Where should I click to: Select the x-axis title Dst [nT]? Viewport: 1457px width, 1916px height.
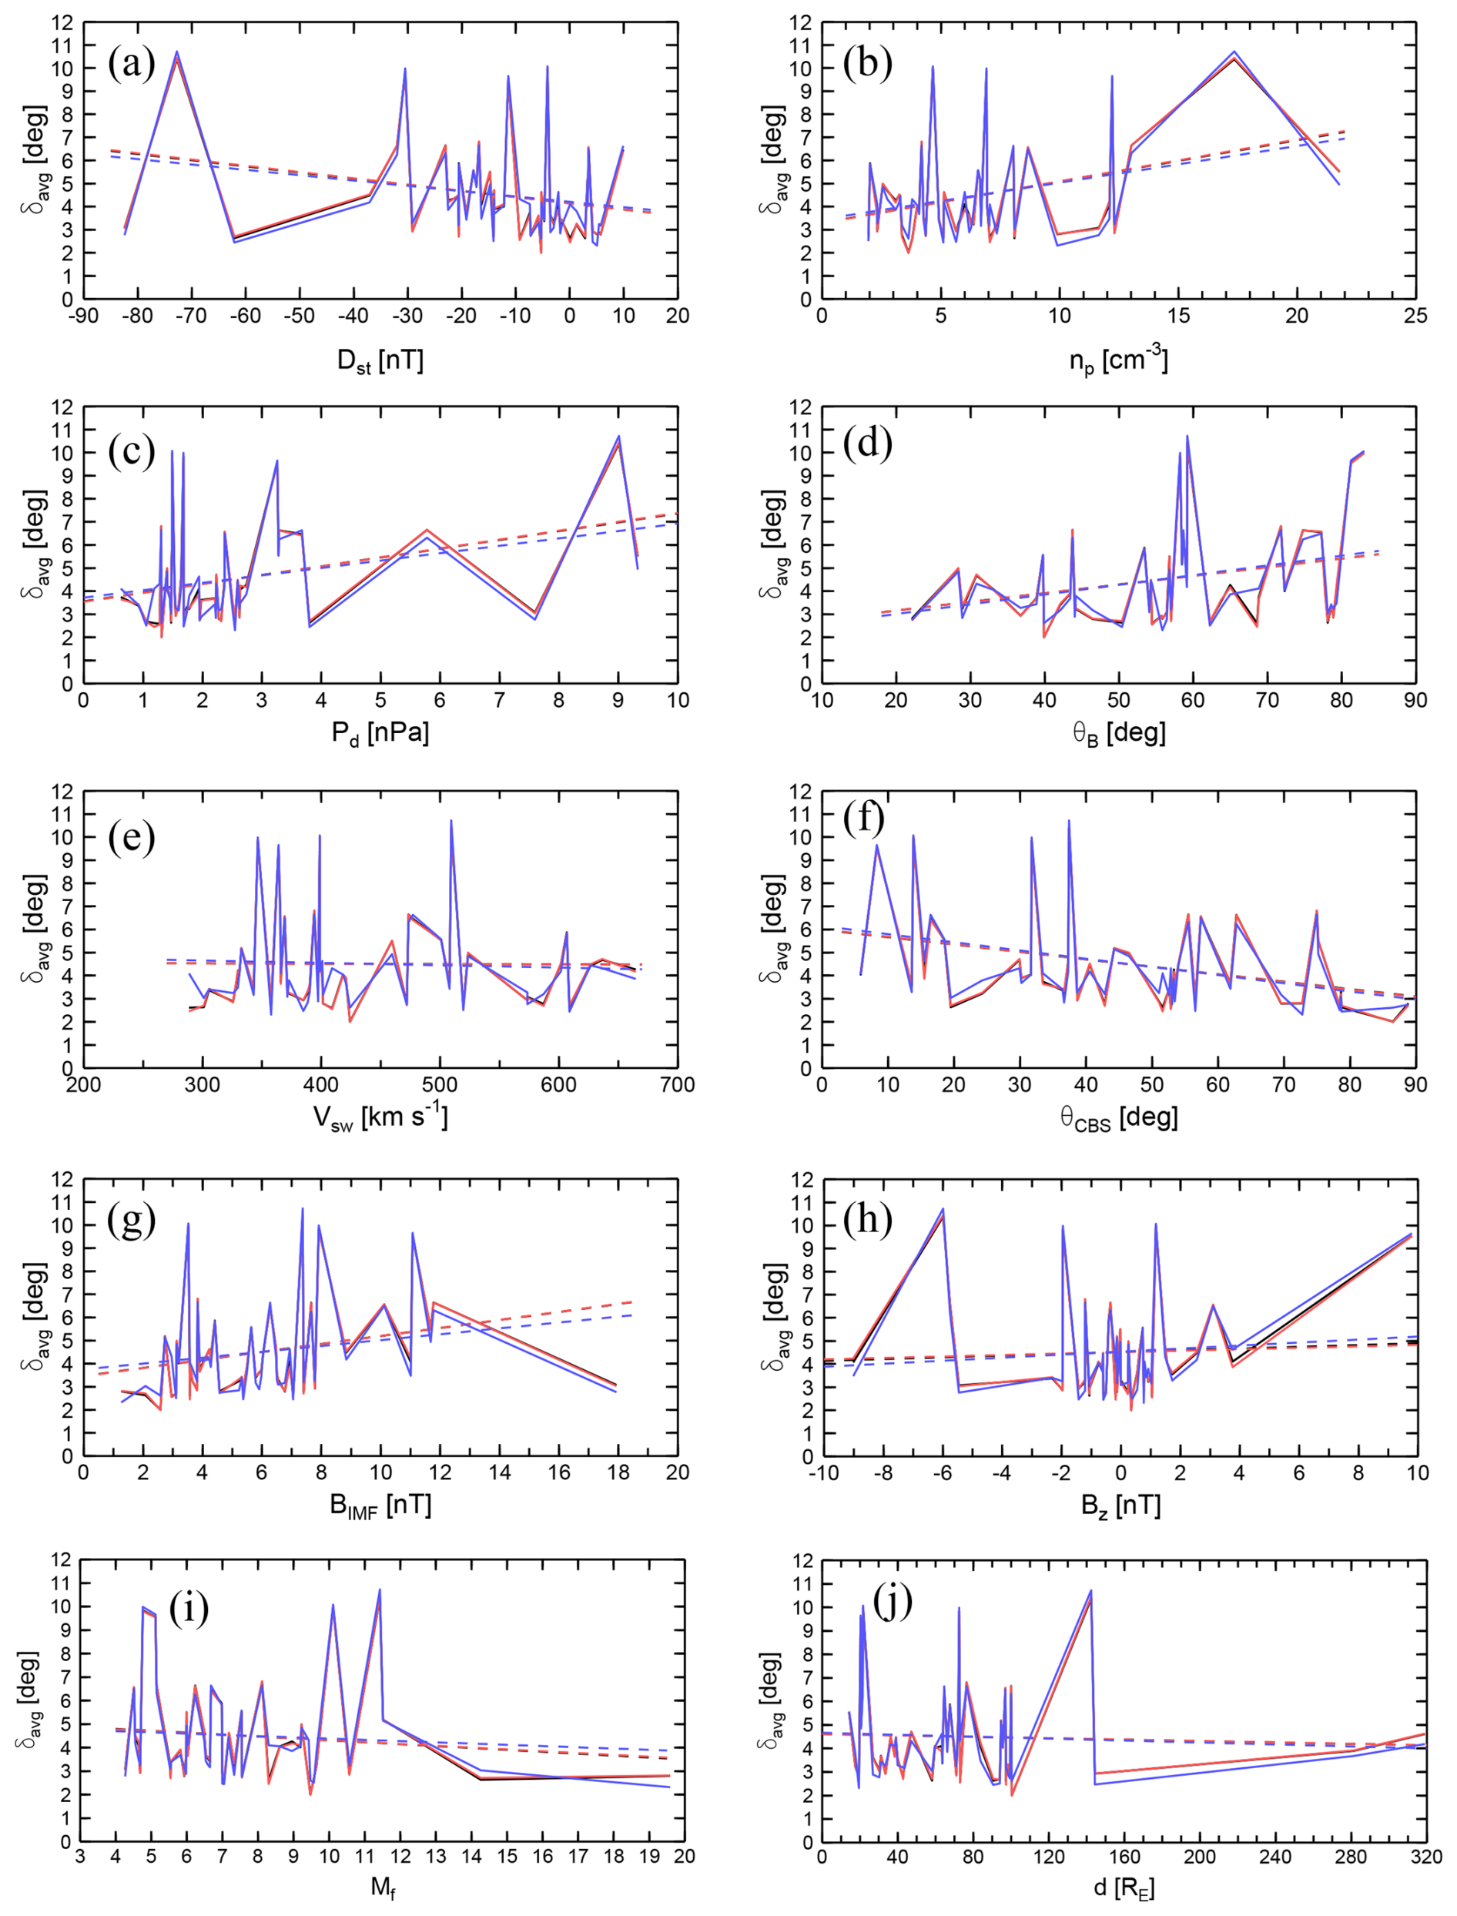[380, 361]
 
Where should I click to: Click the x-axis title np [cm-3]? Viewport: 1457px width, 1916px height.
[1118, 358]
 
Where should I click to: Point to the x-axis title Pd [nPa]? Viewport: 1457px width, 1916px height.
[380, 734]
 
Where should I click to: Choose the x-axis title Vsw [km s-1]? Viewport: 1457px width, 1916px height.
[380, 1117]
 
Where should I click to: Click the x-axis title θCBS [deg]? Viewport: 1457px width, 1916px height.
[1118, 1118]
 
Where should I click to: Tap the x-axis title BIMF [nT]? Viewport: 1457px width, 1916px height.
[380, 1505]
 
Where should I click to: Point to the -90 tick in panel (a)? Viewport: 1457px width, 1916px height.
[83, 316]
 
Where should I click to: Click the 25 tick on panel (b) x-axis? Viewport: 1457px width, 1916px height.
[1415, 316]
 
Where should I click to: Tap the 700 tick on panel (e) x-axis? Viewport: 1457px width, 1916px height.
[678, 1084]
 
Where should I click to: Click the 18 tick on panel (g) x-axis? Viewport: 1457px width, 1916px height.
[618, 1472]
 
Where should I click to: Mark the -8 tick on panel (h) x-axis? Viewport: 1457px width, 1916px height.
[883, 1472]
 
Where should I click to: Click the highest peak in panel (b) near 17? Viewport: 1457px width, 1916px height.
[1233, 52]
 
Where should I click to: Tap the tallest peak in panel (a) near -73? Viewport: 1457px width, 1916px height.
[177, 52]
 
